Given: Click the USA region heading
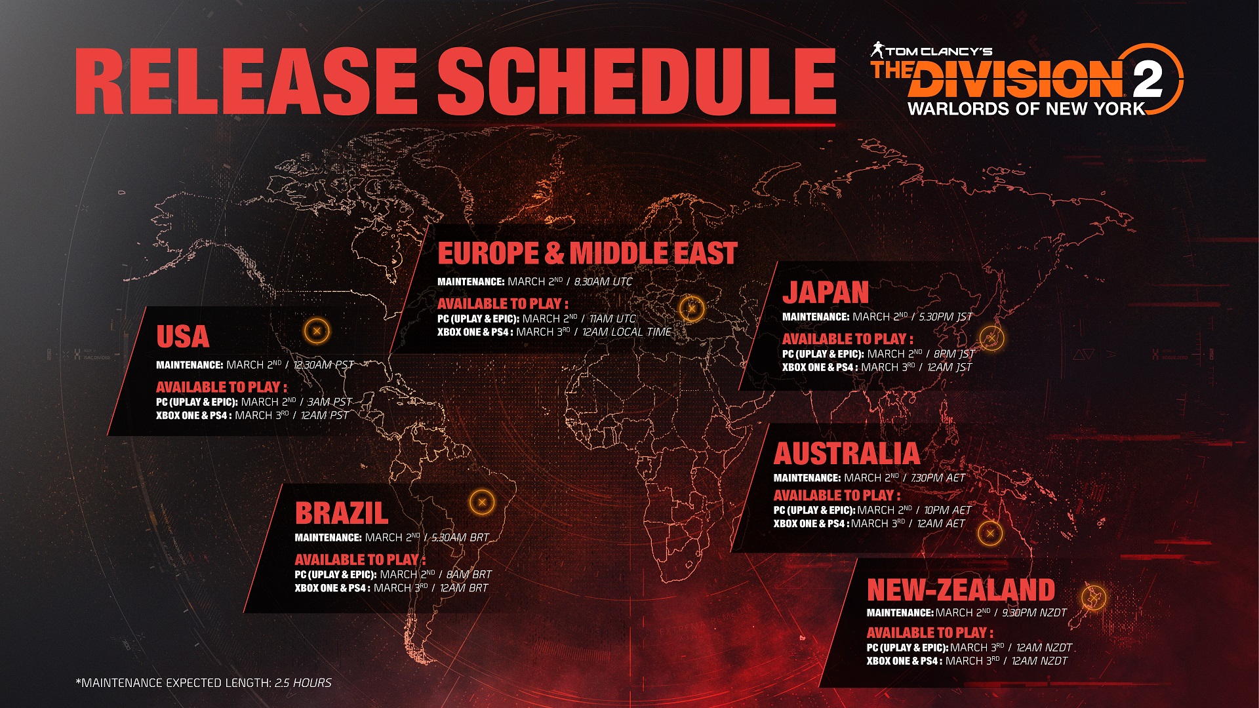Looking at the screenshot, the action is [x=182, y=336].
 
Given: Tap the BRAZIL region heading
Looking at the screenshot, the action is [x=341, y=513].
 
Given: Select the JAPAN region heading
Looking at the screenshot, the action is [x=826, y=292].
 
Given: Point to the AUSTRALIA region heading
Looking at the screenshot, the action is [x=847, y=454].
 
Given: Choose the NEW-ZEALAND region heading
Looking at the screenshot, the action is [x=961, y=590].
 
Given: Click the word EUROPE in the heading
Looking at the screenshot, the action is [x=488, y=254].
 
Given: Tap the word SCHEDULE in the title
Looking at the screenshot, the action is [x=636, y=81].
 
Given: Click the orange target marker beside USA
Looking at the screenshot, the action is [x=317, y=331].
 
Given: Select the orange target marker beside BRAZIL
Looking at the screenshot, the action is [x=482, y=503].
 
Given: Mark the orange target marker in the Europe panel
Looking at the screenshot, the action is [x=691, y=308].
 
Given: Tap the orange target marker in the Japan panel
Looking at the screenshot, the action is [x=991, y=338].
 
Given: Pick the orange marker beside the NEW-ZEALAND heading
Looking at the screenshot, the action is [x=1093, y=597].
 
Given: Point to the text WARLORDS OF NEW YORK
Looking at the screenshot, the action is [x=1026, y=109].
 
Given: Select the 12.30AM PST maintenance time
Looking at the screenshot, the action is [x=323, y=365].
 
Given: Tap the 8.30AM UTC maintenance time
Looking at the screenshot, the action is [x=603, y=282].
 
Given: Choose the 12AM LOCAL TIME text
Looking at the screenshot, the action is [x=626, y=332].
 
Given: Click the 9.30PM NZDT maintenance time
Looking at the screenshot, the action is [x=1034, y=613].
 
